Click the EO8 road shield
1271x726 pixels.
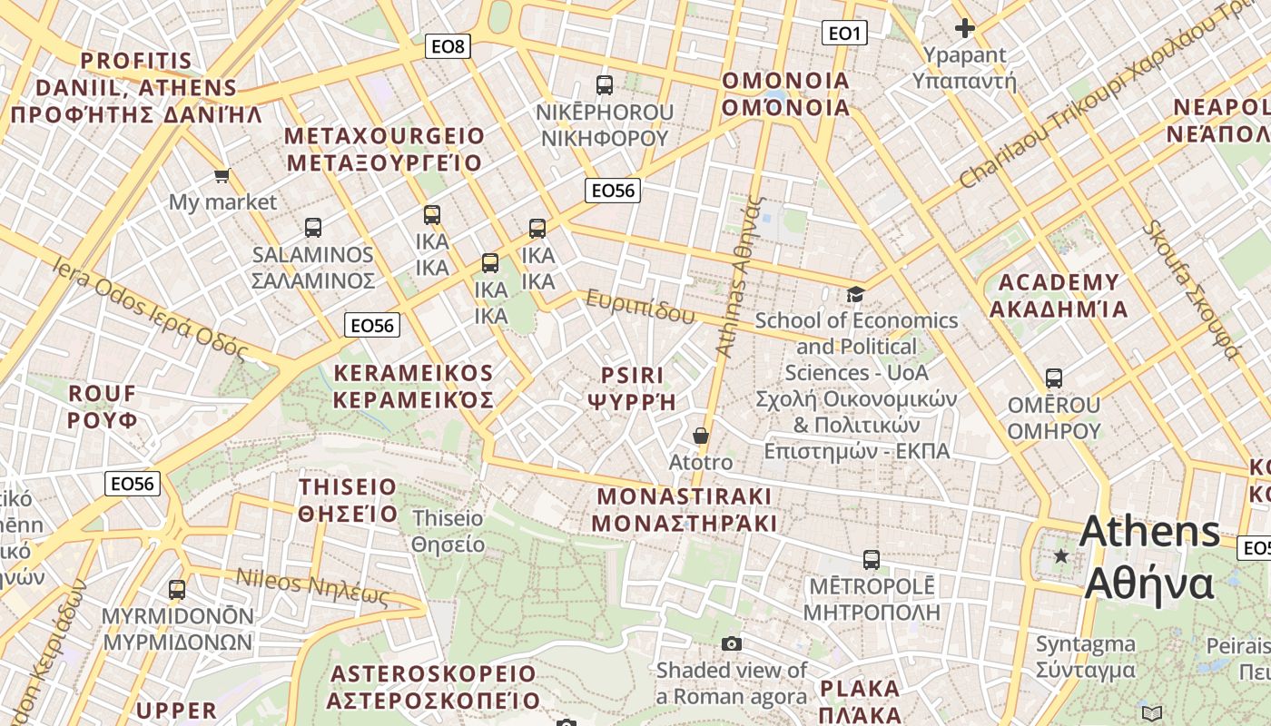point(448,45)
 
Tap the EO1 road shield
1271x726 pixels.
point(843,34)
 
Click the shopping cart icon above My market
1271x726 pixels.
point(222,174)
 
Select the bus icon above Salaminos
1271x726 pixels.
point(313,227)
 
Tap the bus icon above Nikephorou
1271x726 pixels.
point(605,85)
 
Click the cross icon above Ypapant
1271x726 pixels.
point(965,28)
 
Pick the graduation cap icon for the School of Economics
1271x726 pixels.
point(855,294)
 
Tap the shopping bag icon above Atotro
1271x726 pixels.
point(701,436)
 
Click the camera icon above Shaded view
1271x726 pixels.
point(732,643)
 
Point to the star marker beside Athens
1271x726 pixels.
point(1060,555)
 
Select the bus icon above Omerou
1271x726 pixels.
point(1054,378)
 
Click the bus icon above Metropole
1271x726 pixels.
point(872,559)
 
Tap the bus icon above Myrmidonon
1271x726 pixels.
point(177,589)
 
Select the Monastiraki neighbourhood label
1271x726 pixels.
point(685,509)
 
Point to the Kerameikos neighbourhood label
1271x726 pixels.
point(413,386)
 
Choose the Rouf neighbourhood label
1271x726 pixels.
point(103,407)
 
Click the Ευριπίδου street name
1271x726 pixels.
point(640,307)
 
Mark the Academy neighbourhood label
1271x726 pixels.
point(1059,295)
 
